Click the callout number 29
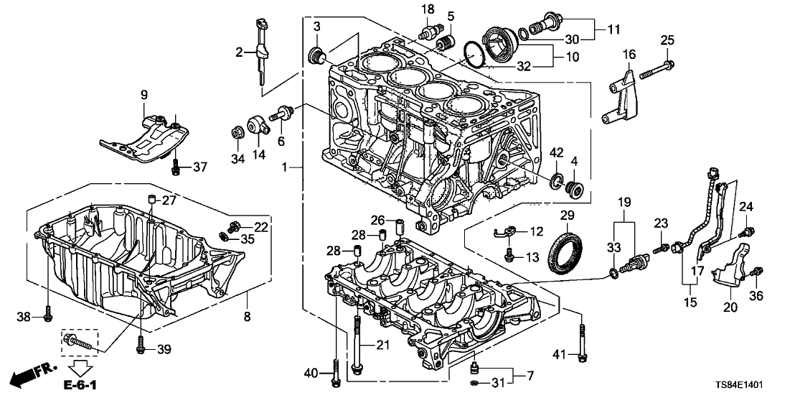[567, 216]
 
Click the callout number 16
[629, 54]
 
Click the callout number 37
[199, 167]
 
